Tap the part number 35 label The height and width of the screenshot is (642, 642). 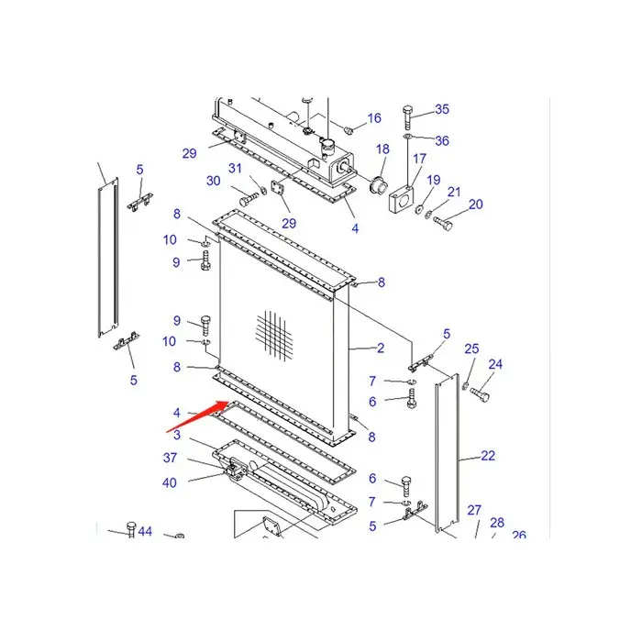tap(442, 110)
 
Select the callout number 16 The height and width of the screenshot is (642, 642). tap(374, 118)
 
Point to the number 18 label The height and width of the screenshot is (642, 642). tap(382, 149)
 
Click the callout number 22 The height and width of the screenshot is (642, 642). tap(488, 456)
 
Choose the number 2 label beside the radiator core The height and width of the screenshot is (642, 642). tap(380, 348)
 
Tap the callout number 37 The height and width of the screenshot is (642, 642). tap(171, 459)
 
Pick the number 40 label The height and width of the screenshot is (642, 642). tap(171, 482)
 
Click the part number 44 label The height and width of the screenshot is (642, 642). tap(146, 533)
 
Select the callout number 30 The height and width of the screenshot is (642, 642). tap(214, 182)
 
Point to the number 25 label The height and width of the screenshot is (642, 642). tap(471, 349)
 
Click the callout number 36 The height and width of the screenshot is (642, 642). tap(442, 141)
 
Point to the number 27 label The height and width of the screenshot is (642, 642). tap(474, 510)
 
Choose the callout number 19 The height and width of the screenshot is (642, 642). tap(434, 180)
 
